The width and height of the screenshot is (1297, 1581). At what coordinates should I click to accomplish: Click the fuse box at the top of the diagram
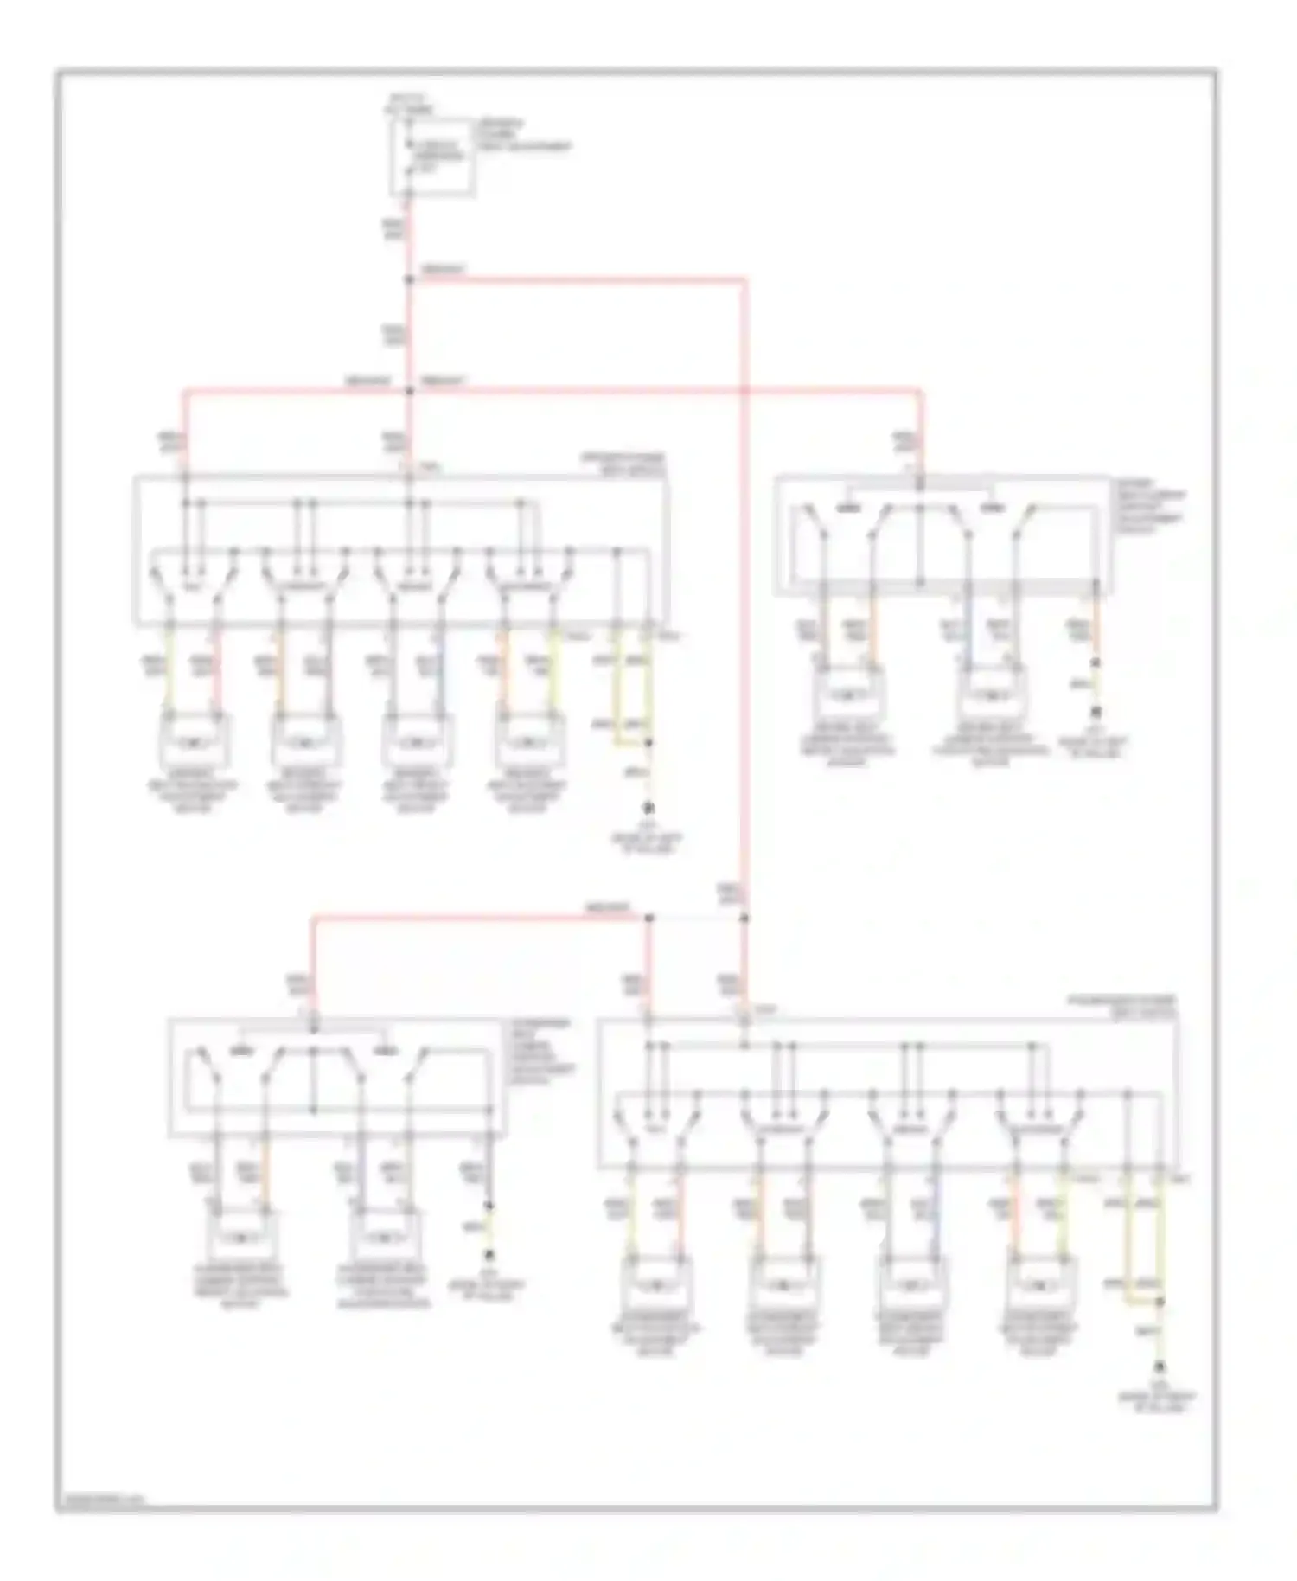coord(432,157)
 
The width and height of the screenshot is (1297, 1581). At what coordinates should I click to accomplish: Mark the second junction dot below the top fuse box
coord(409,391)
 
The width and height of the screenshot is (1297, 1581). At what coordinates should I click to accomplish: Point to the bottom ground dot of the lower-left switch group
coord(489,1255)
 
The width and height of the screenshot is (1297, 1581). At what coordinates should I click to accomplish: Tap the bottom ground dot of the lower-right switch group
coord(1160,1367)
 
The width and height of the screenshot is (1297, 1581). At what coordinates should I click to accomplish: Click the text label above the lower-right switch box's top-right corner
coord(1121,1004)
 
